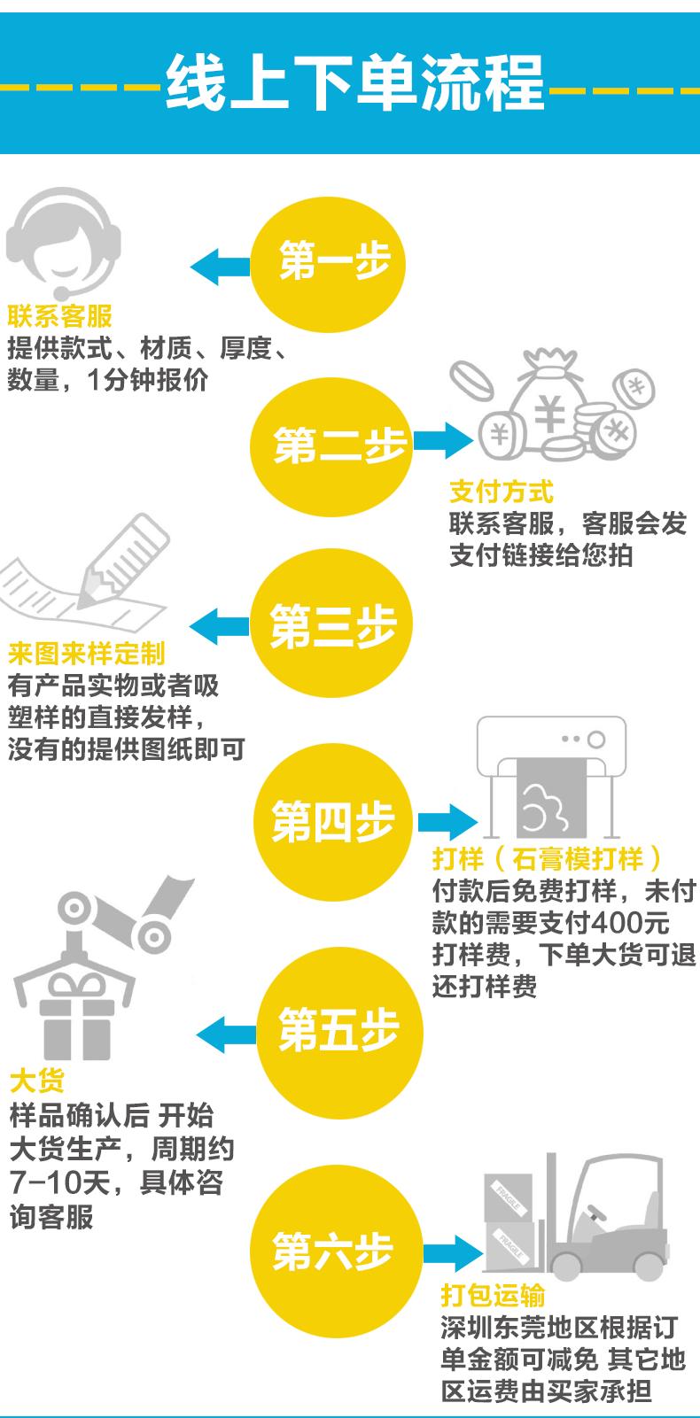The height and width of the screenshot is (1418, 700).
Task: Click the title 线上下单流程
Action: coord(354,84)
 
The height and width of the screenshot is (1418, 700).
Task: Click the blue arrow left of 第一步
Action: coord(219,266)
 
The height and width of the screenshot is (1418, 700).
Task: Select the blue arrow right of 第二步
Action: coord(442,440)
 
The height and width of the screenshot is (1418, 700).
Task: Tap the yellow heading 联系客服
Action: coord(59,316)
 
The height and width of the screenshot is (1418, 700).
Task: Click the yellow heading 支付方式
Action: coord(502,491)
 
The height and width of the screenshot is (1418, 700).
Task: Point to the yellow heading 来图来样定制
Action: coord(86,654)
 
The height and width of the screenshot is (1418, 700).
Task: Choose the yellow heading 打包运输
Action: coord(494,1296)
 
